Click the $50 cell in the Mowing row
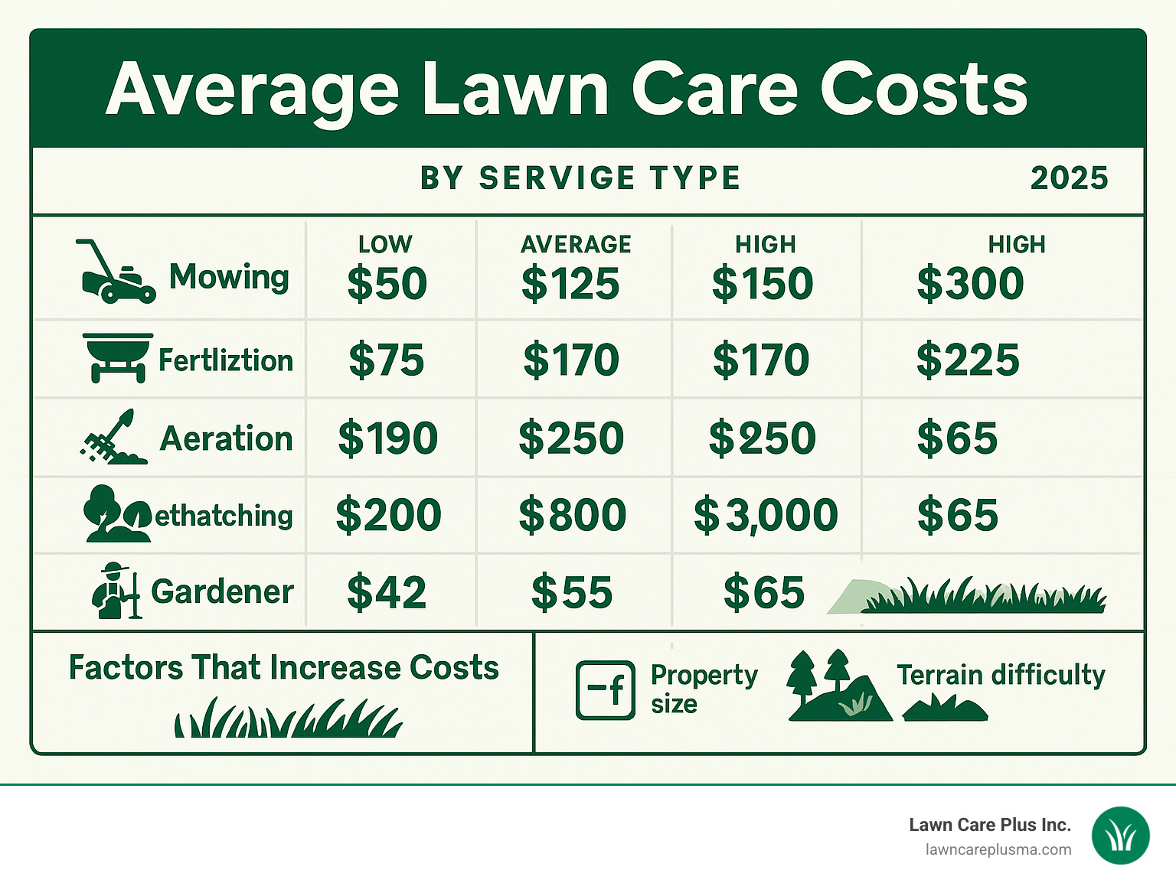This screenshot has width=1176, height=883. tap(387, 283)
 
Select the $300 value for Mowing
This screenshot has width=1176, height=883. tap(970, 283)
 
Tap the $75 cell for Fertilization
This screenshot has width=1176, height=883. tap(386, 360)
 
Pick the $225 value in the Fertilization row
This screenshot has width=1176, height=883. tap(968, 360)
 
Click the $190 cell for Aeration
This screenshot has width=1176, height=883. tap(387, 438)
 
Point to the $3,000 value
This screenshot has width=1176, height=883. tap(765, 515)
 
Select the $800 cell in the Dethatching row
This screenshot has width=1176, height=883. tap(572, 515)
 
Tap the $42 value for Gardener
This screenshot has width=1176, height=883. tap(386, 593)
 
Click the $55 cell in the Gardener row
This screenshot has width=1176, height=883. tap(572, 593)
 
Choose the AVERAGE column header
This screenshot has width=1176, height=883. tap(576, 244)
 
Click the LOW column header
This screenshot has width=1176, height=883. tap(385, 244)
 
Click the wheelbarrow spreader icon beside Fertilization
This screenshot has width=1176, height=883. tap(117, 357)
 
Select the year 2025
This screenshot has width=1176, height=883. tap(1069, 178)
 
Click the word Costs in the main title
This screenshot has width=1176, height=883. tap(923, 90)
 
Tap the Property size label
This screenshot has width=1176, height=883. tap(703, 689)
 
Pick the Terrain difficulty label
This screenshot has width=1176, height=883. tap(1001, 675)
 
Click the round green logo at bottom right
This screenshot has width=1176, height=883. tap(1120, 836)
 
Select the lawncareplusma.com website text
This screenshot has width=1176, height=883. tap(998, 849)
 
